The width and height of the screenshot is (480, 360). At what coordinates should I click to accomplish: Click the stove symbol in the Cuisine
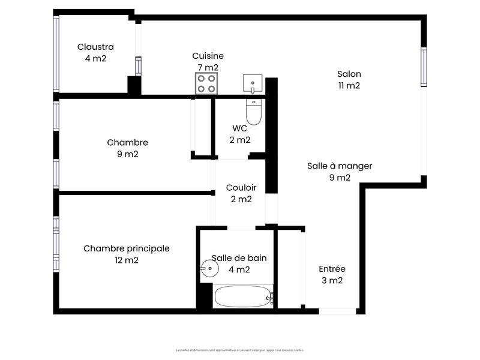pyautogui.click(x=206, y=83)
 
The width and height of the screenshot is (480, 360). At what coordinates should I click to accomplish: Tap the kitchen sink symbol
pyautogui.click(x=253, y=83)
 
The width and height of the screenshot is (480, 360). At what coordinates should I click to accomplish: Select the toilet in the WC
pyautogui.click(x=254, y=112)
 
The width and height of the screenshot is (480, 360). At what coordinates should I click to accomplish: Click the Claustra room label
pyautogui.click(x=95, y=47)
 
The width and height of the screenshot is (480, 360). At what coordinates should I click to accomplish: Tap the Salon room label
pyautogui.click(x=349, y=74)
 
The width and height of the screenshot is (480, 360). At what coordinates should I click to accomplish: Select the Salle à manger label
pyautogui.click(x=340, y=166)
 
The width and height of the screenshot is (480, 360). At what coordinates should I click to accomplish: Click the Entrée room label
pyautogui.click(x=331, y=269)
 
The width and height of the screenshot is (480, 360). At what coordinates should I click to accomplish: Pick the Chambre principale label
pyautogui.click(x=126, y=248)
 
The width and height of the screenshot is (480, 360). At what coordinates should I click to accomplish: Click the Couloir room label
pyautogui.click(x=241, y=187)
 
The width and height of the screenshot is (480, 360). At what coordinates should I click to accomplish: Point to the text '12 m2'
pyautogui.click(x=126, y=260)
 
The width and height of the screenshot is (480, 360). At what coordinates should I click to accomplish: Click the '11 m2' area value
pyautogui.click(x=349, y=86)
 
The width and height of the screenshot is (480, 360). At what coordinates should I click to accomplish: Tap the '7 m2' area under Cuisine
pyautogui.click(x=208, y=67)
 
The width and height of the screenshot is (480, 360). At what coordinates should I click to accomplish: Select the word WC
pyautogui.click(x=240, y=128)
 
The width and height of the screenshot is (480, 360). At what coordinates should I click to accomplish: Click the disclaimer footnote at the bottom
pyautogui.click(x=240, y=350)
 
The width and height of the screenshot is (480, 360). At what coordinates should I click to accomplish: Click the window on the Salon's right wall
pyautogui.click(x=424, y=67)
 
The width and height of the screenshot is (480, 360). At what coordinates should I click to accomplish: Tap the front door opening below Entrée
pyautogui.click(x=337, y=311)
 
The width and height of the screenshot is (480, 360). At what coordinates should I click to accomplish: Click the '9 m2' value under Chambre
pyautogui.click(x=127, y=154)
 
